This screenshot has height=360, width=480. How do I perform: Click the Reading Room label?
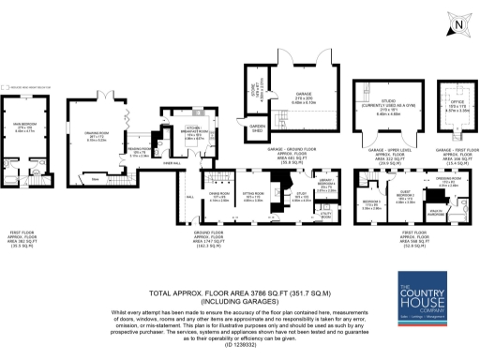137,153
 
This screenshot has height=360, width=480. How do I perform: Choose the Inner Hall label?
172,163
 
